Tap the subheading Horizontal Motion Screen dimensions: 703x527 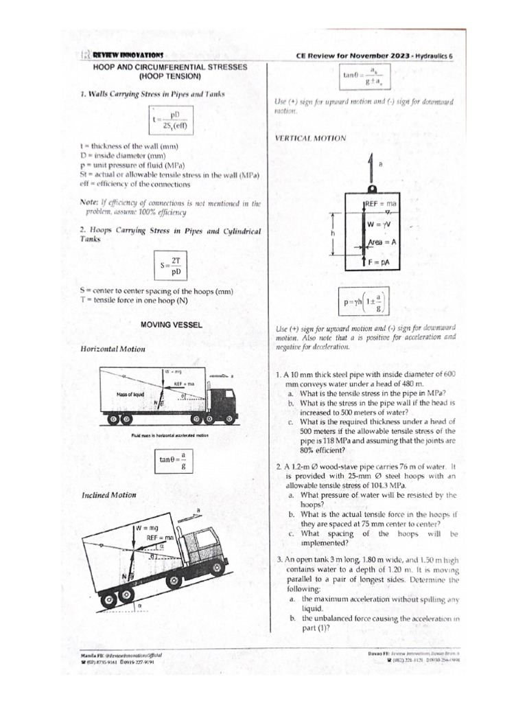coord(113,349)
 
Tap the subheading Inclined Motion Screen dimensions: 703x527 coord(108,495)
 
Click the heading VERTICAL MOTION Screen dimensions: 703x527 coord(310,138)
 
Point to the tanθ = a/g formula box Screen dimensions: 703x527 coord(172,461)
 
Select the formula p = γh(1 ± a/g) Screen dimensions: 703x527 coord(362,300)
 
